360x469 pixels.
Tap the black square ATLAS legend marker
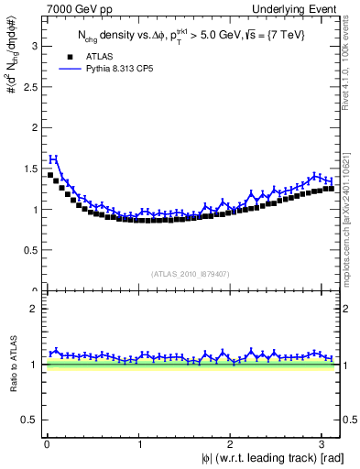(61, 56)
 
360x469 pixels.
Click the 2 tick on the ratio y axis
(35, 310)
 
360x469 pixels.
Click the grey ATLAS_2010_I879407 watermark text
(190, 274)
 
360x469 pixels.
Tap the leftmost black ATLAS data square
(49, 174)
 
